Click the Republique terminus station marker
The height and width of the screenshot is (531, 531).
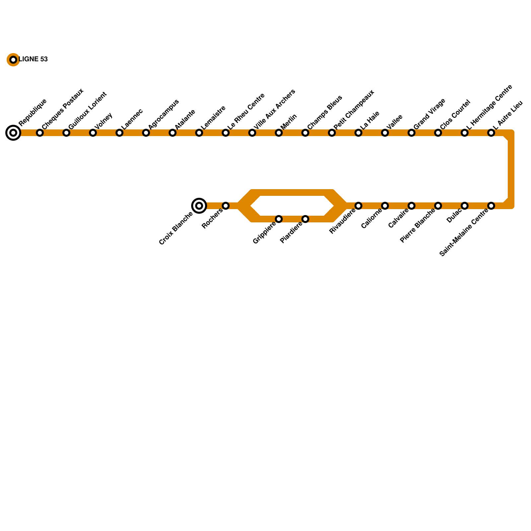[x=13, y=133]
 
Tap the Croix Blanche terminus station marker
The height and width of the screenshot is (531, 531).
[x=199, y=206]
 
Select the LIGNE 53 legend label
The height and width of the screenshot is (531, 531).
[x=33, y=59]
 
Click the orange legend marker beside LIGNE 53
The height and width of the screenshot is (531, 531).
[x=13, y=60]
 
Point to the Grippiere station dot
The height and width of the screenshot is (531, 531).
[x=279, y=219]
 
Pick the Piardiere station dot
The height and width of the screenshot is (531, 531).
[x=305, y=219]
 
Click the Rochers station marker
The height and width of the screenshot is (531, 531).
[x=226, y=206]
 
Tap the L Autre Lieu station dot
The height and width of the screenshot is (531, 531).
[x=491, y=133]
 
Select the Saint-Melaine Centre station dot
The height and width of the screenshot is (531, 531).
[x=491, y=206]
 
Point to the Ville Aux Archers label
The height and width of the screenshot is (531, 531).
[x=274, y=109]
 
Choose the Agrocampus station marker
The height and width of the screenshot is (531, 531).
[x=146, y=133]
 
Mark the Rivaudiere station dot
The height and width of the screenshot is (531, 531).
[x=358, y=206]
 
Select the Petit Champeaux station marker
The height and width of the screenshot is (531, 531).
[x=332, y=133]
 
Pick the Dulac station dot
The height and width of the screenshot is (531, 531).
[x=465, y=206]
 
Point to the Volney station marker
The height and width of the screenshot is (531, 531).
[x=93, y=133]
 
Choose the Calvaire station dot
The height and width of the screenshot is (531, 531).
[x=412, y=206]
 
